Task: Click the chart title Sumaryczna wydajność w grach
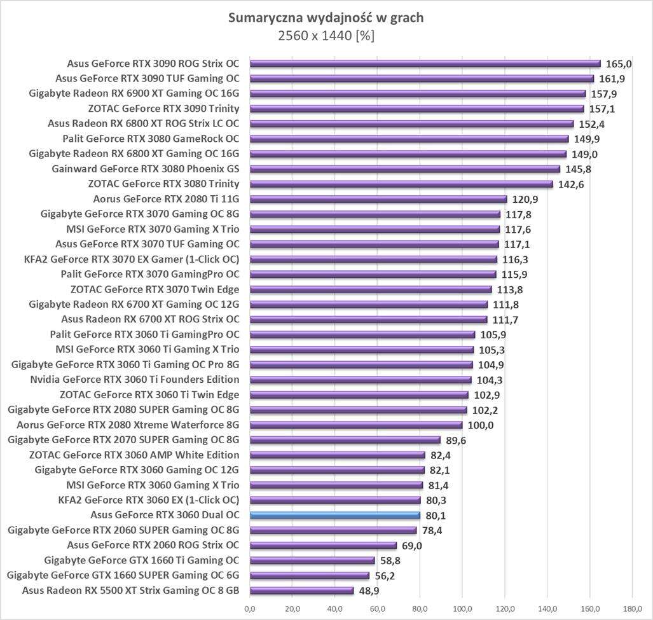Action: pos(326,18)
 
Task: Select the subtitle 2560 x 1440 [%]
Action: pos(326,36)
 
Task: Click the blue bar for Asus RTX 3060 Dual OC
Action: pos(335,515)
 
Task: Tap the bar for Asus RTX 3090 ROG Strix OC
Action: pos(425,64)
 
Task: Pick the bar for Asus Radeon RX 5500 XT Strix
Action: pos(301,591)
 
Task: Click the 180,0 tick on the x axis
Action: pos(632,609)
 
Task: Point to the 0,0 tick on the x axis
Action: pos(250,609)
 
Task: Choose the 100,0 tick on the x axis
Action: pos(462,609)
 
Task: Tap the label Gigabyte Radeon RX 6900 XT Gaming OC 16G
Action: pos(134,93)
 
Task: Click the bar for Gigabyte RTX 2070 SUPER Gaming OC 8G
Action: pos(345,440)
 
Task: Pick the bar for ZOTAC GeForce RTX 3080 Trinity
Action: pos(401,184)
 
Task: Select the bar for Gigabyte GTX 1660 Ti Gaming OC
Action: pos(312,561)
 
